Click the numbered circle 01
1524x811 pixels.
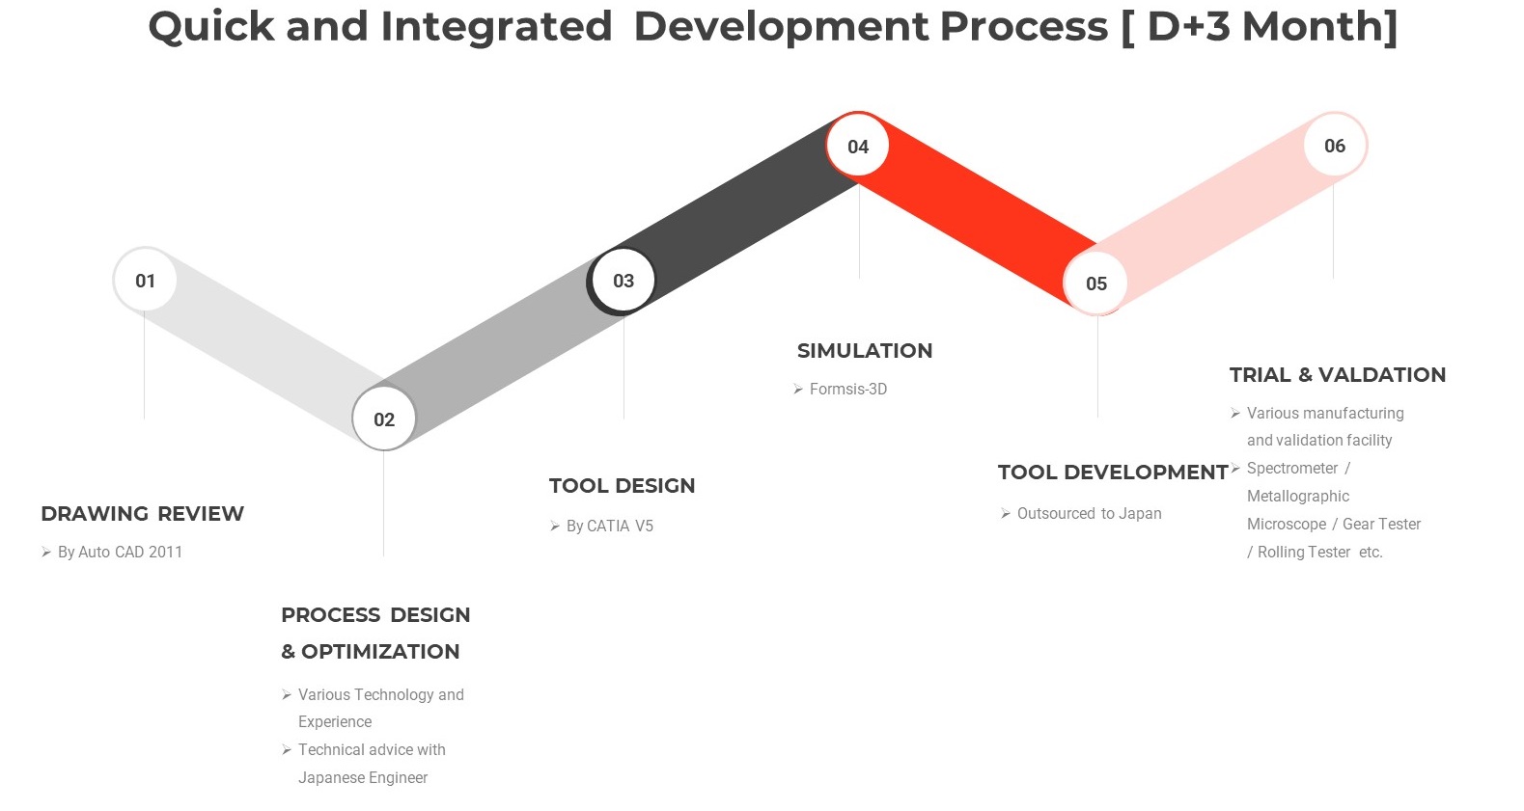tap(145, 280)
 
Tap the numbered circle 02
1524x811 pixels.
tap(384, 419)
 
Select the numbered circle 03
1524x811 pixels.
tap(623, 280)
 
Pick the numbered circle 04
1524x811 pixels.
tap(858, 146)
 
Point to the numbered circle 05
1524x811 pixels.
tap(1096, 283)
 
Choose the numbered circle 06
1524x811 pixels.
tap(1335, 145)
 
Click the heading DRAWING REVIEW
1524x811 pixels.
tap(142, 513)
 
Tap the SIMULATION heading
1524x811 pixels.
tap(865, 351)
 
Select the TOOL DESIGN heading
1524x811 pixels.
tap(622, 485)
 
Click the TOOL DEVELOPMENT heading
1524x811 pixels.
tap(1113, 472)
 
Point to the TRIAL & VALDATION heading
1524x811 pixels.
tap(1338, 374)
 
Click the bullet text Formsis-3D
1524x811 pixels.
tap(848, 389)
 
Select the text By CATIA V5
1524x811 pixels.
tap(610, 526)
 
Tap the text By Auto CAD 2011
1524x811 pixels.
tap(120, 552)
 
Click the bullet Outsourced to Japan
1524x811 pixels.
tap(1090, 513)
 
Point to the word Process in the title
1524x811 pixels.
tap(1024, 27)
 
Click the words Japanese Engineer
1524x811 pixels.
tap(363, 777)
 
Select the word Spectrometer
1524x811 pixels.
tap(1292, 469)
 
